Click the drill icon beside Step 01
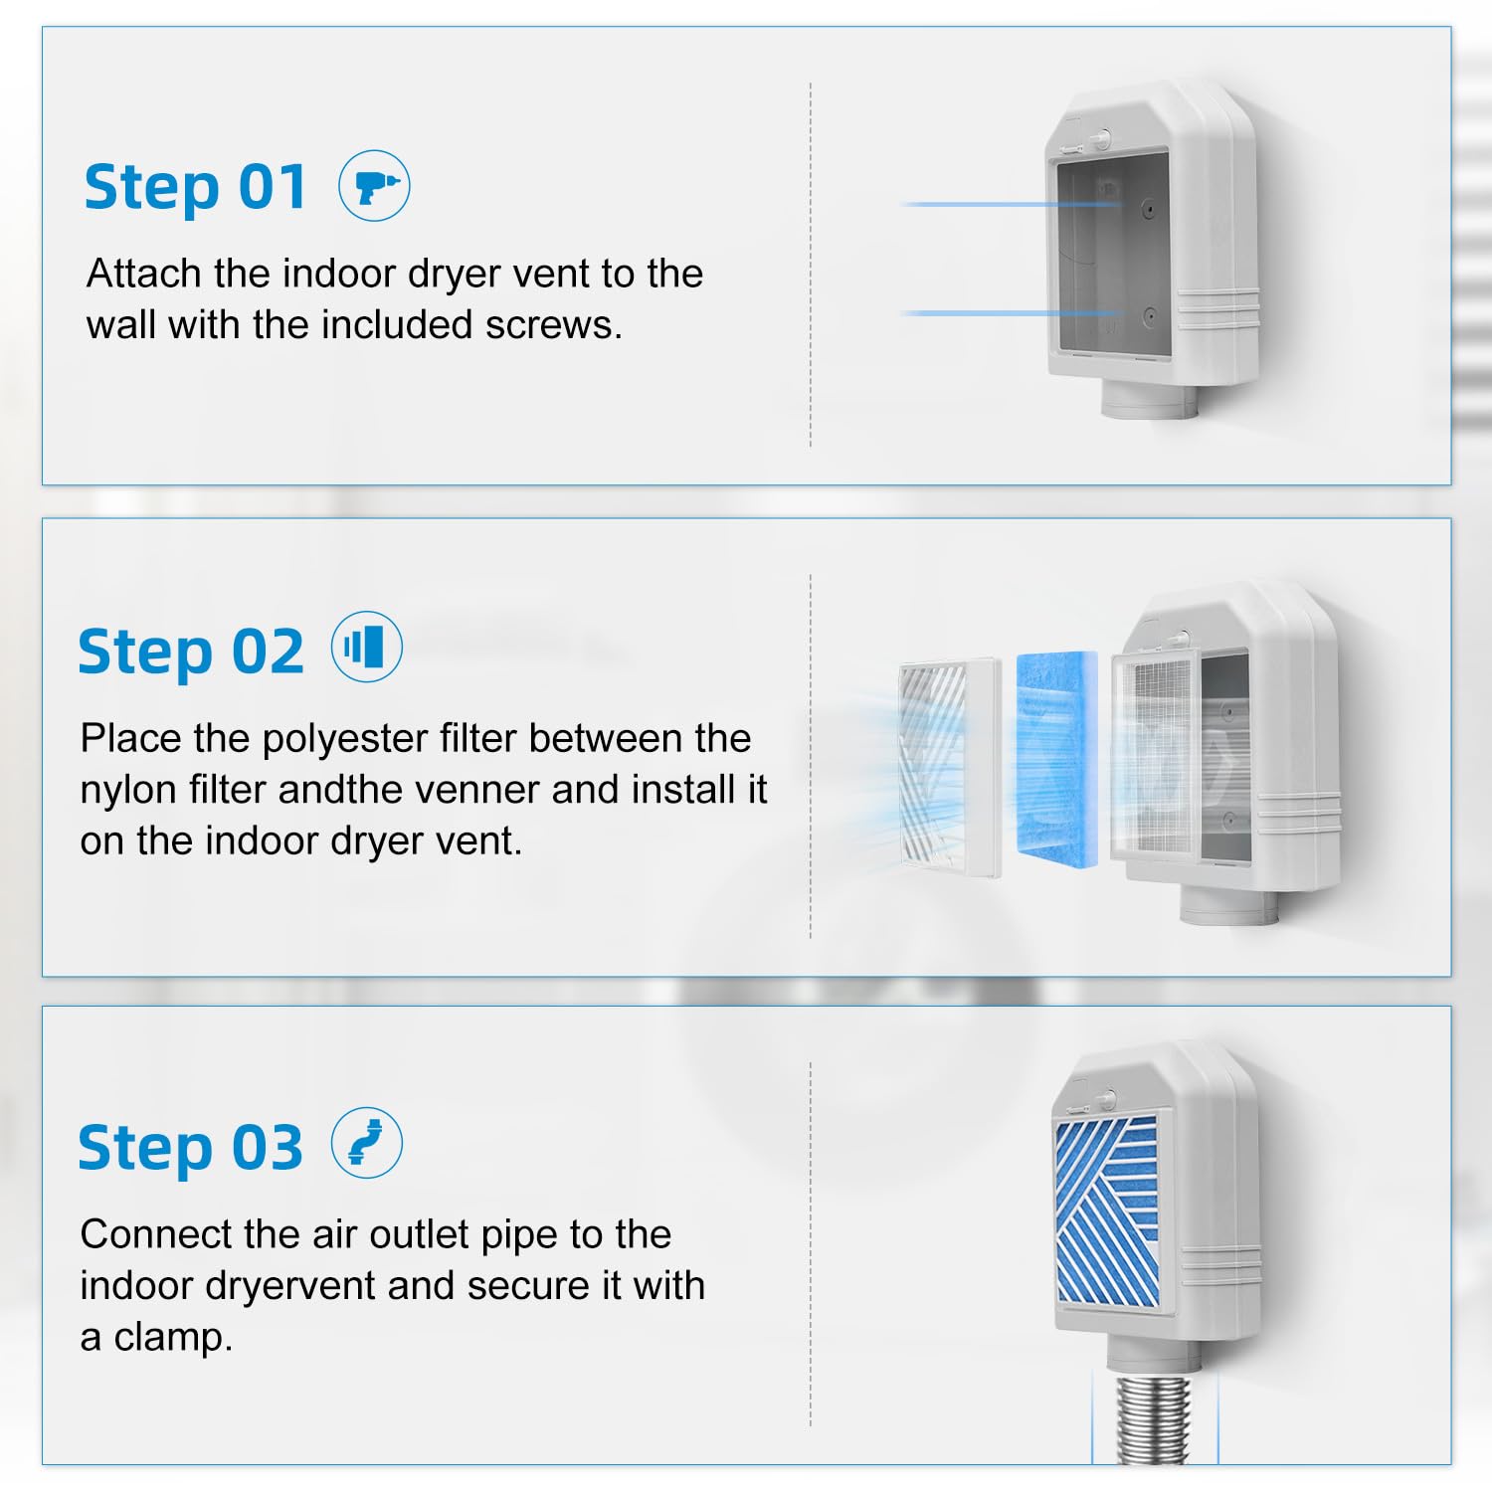(x=374, y=186)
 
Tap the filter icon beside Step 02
(x=366, y=648)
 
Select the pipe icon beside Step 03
(x=366, y=1143)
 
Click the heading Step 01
(x=195, y=187)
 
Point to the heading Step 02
(x=190, y=652)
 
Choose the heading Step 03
(x=190, y=1147)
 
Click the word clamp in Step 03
(x=173, y=1338)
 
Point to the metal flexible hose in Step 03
(x=1154, y=1418)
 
